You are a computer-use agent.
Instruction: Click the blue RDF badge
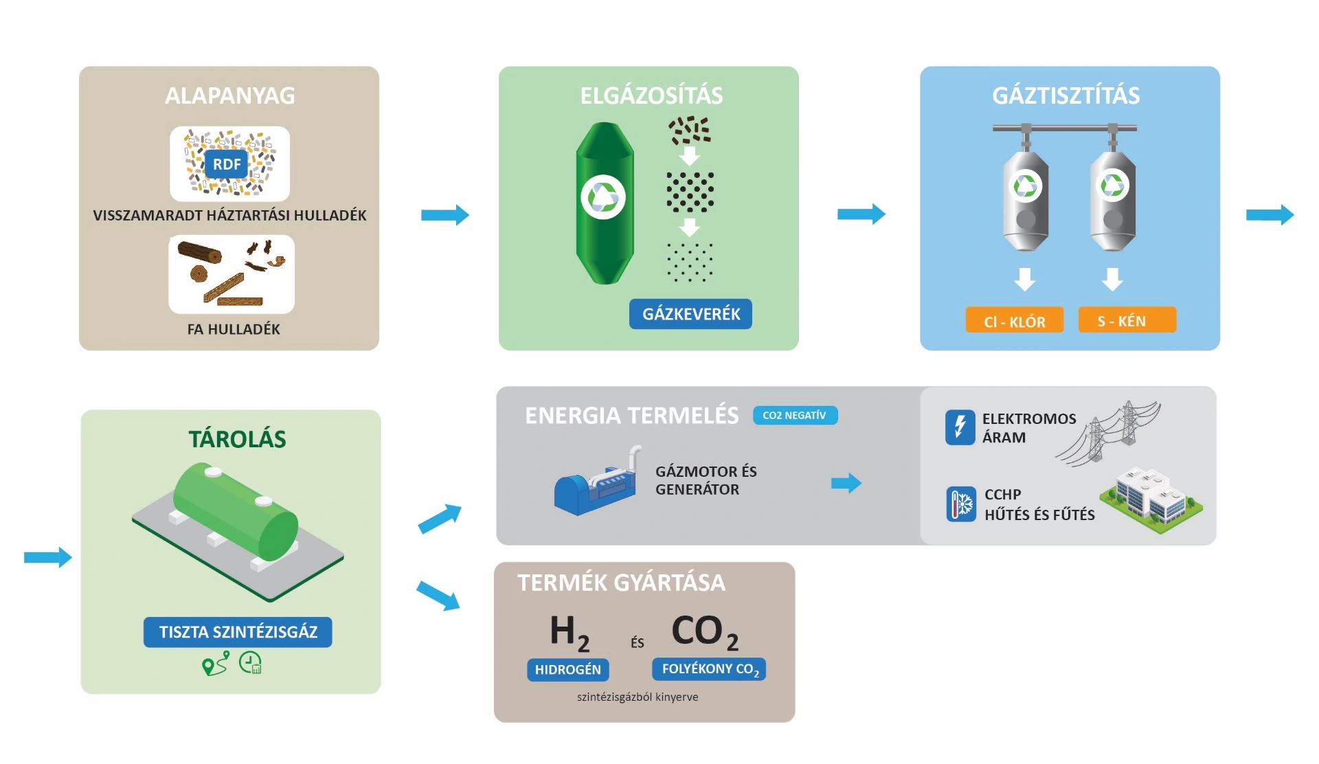pos(227,164)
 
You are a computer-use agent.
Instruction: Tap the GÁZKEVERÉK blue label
pos(690,314)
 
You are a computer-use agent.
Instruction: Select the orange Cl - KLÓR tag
pos(1014,321)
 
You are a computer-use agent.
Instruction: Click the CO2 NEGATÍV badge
pos(795,415)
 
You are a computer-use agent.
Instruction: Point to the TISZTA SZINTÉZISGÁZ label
pos(238,632)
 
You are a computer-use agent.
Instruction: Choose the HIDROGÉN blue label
pos(567,669)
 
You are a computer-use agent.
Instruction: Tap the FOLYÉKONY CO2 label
pos(709,669)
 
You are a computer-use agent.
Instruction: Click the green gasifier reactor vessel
pos(605,203)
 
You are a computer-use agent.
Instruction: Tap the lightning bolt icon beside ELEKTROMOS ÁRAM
pos(960,427)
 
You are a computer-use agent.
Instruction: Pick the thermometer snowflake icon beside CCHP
pos(960,505)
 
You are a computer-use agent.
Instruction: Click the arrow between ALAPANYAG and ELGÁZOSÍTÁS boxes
pos(444,215)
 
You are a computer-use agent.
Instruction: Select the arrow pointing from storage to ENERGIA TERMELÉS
pos(440,519)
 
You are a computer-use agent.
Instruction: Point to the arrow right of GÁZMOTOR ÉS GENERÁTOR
pos(846,483)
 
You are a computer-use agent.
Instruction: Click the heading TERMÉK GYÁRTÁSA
pos(621,583)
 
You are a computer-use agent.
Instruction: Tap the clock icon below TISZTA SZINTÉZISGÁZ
pos(250,663)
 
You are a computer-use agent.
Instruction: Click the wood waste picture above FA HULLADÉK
pos(232,273)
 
